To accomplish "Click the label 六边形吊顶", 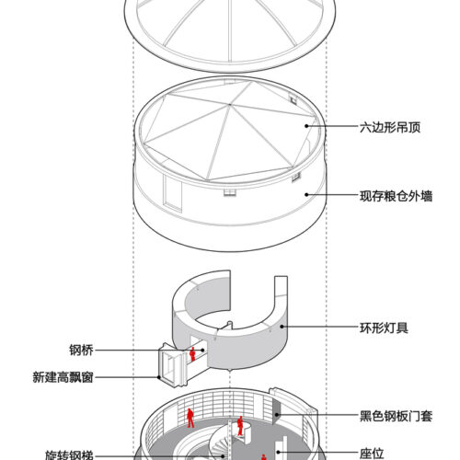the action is [x=390, y=127].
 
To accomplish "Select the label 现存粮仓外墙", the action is [x=396, y=196].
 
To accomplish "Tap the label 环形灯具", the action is [x=384, y=328].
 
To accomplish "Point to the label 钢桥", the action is [x=81, y=350].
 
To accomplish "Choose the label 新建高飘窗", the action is [x=63, y=377].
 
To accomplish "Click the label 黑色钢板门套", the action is [x=396, y=416].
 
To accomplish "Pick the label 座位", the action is [x=372, y=454].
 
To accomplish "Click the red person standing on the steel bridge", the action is [x=192, y=354].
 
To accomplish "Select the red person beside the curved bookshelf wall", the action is [x=190, y=418].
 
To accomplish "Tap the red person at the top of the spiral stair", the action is [x=240, y=426].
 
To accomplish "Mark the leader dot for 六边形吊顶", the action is [x=306, y=126].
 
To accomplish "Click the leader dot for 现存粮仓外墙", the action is [x=306, y=194].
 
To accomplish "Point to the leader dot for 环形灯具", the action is [x=282, y=327].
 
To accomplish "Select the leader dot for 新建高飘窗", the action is [x=159, y=377].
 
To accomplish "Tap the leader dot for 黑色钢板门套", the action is [x=277, y=415].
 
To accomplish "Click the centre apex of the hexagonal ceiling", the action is [x=229, y=105].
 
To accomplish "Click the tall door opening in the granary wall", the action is [x=173, y=193].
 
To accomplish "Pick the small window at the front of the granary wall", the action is [x=230, y=192].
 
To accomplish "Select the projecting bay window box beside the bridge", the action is [x=172, y=365].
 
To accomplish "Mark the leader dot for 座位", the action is [x=278, y=452].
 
